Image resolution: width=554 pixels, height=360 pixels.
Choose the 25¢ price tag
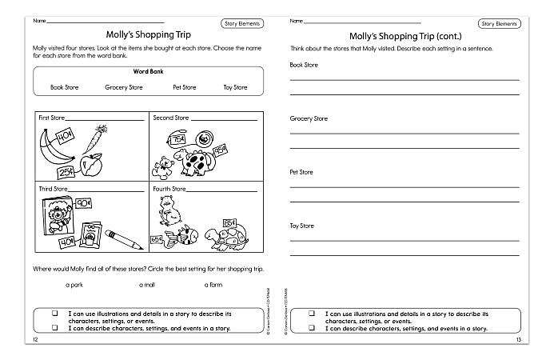tap(64, 173)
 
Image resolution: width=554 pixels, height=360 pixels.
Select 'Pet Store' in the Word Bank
tap(184, 87)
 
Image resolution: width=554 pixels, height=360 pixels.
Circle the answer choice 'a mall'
tap(147, 284)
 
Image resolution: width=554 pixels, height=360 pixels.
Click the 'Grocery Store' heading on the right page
tap(309, 118)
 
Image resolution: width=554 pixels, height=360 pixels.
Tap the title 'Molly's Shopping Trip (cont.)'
tap(405, 36)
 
